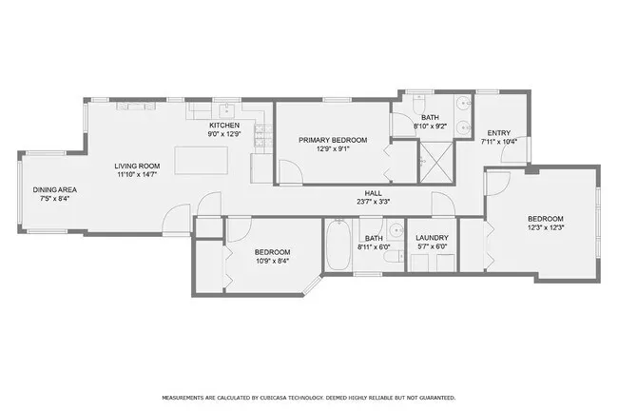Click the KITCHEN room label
click(x=224, y=126)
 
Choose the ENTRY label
click(x=498, y=132)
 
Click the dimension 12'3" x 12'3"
click(x=546, y=227)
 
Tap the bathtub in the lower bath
click(x=338, y=246)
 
